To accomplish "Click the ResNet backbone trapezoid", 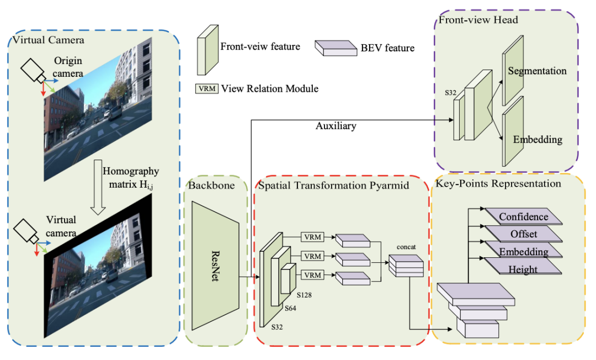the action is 215,266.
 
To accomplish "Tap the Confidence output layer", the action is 523,216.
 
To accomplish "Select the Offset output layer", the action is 523,234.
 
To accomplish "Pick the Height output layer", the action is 523,266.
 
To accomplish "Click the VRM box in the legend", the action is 207,88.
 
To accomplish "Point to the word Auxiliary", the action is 336,126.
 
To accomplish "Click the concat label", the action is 406,247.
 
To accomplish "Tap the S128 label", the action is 304,295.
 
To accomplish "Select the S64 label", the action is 290,308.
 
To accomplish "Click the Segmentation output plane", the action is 513,71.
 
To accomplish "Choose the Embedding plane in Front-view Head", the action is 513,131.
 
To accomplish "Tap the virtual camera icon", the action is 26,231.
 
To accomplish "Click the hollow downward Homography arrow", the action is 98,187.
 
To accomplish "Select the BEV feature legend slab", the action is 336,48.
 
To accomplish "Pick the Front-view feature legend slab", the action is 207,50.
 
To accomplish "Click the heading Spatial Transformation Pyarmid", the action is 333,186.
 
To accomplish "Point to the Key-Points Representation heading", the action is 498,184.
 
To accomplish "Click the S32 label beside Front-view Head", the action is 450,93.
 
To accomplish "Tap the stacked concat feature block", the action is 406,266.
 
